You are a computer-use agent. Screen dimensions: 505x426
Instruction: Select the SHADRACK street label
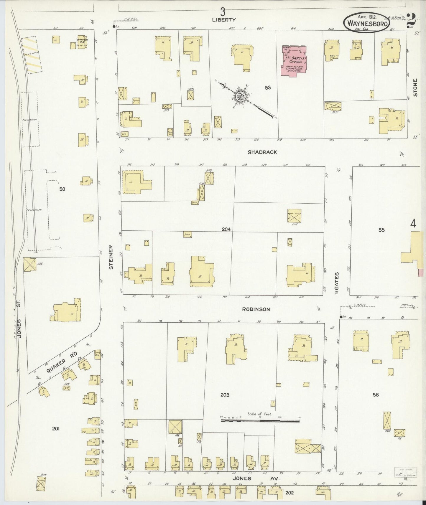tap(262, 152)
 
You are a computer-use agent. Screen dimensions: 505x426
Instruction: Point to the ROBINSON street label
tap(256, 309)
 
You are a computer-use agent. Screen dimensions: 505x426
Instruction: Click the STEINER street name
tap(111, 257)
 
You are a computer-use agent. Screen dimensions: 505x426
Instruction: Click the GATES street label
tap(337, 281)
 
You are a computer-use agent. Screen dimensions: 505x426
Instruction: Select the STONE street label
tap(415, 88)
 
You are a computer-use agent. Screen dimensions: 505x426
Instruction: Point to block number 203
tap(225, 395)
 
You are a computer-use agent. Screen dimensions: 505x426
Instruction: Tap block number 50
tap(62, 189)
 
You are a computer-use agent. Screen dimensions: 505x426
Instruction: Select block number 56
tap(375, 395)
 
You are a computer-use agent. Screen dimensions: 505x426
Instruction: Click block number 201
tap(56, 429)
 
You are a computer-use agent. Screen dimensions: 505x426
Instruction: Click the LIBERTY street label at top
tap(224, 20)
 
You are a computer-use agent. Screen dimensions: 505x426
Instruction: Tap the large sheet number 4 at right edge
tap(413, 224)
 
